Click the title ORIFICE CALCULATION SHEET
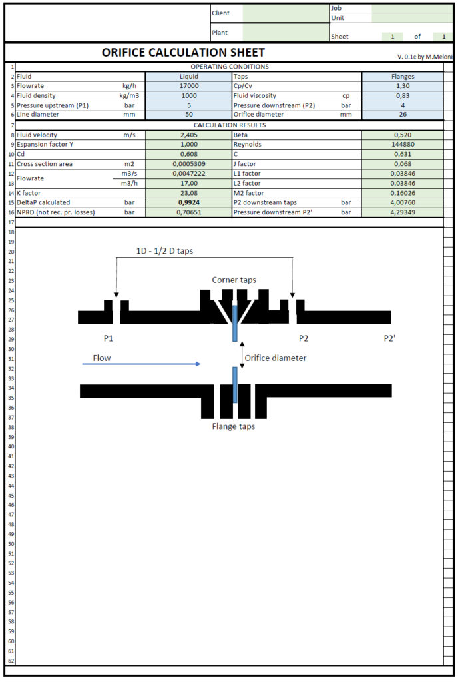click(183, 53)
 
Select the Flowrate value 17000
click(188, 86)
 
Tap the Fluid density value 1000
click(188, 95)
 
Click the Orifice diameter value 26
click(402, 114)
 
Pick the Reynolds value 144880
click(402, 144)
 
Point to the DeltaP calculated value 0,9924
click(188, 202)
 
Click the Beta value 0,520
click(402, 135)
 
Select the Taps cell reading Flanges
click(402, 76)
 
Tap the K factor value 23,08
click(188, 193)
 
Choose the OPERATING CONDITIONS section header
click(230, 67)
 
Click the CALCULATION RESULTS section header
click(230, 125)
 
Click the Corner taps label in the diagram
click(234, 280)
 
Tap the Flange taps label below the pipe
click(233, 426)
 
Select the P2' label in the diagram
click(389, 338)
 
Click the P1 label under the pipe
click(109, 338)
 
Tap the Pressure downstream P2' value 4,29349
click(402, 212)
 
